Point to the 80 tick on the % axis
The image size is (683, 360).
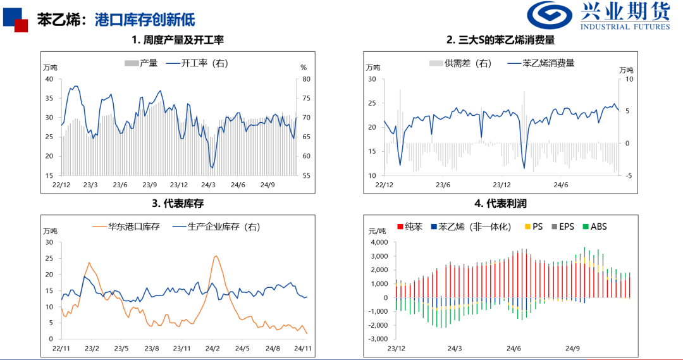click(305, 79)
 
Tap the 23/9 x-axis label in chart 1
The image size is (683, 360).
click(149, 185)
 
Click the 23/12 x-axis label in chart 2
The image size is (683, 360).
click(501, 185)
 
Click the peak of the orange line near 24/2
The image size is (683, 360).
click(216, 256)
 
